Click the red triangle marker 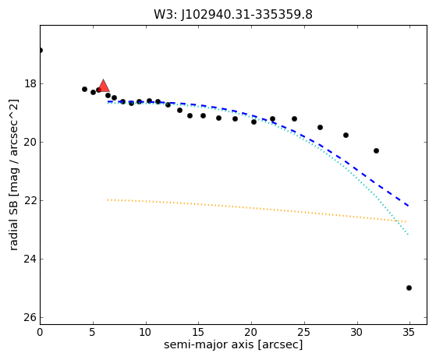pos(104,86)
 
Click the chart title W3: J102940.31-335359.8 pos(233,15)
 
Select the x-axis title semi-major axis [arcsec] pos(233,344)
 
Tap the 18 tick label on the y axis pos(30,83)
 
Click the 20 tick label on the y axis pos(30,143)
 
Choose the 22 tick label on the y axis pos(30,200)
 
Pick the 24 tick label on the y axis pos(30,259)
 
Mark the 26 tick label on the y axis pos(30,317)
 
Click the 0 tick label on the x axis pos(40,332)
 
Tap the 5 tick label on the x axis pos(93,332)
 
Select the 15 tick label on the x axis pos(199,332)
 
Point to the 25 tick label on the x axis pos(304,332)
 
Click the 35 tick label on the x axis pos(409,332)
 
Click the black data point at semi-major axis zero pos(41,51)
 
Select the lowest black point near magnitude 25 pos(409,288)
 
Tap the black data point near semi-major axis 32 pos(376,151)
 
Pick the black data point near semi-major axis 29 pos(346,136)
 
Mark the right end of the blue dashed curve pos(408,206)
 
